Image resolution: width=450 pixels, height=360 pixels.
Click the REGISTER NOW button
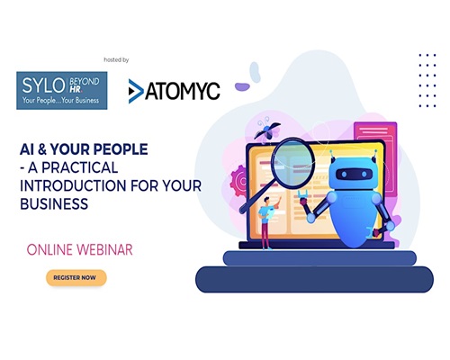pyautogui.click(x=76, y=278)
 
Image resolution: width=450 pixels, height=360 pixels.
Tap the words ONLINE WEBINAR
pyautogui.click(x=79, y=249)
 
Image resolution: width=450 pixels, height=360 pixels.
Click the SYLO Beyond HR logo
pyautogui.click(x=62, y=90)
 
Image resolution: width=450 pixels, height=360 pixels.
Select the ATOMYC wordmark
pyautogui.click(x=183, y=91)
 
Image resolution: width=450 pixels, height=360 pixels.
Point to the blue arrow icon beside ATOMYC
pyautogui.click(x=136, y=91)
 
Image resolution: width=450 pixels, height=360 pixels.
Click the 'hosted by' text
pyautogui.click(x=116, y=60)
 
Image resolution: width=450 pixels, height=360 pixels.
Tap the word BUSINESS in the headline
pyautogui.click(x=54, y=204)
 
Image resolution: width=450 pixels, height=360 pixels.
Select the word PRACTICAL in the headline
pyautogui.click(x=79, y=167)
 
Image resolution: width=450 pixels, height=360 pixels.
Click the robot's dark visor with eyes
pyautogui.click(x=354, y=175)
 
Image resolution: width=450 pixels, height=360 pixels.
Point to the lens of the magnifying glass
pyautogui.click(x=292, y=163)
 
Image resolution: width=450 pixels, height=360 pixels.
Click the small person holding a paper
pyautogui.click(x=267, y=222)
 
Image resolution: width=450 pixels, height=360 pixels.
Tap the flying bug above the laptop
pyautogui.click(x=267, y=130)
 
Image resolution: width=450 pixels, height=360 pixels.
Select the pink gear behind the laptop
pyautogui.click(x=238, y=181)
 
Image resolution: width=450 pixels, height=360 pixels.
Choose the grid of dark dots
pyautogui.click(x=427, y=80)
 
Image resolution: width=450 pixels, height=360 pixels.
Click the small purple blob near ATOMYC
pyautogui.click(x=242, y=87)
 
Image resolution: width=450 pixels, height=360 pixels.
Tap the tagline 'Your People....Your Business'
pyautogui.click(x=60, y=101)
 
